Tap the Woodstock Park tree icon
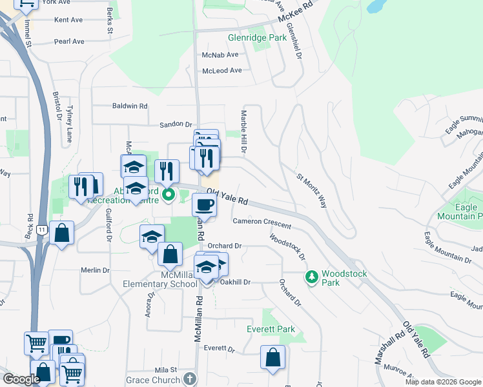pos(312,277)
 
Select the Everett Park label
pos(271,329)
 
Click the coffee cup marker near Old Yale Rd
pos(204,205)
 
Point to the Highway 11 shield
pos(42,230)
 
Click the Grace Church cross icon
pos(189,379)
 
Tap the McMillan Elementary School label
pos(161,279)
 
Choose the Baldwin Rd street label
pos(130,106)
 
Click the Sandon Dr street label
pos(176,124)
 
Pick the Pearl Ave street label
pos(69,41)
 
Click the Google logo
pos(21,379)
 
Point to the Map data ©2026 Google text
pos(443,382)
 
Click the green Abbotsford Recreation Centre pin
pos(169,193)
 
